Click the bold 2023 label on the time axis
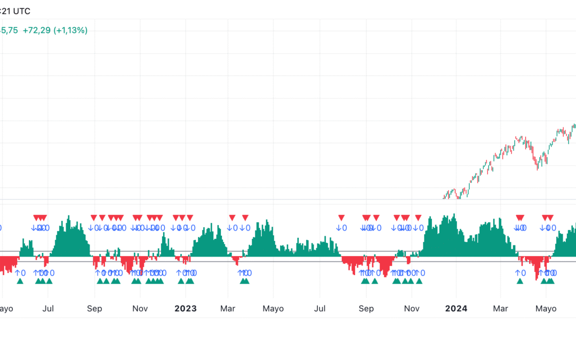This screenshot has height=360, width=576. pos(186,309)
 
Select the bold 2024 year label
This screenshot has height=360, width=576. pos(456,309)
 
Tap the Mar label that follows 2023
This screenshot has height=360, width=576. pos(228,309)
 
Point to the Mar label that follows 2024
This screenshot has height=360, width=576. pos(500,309)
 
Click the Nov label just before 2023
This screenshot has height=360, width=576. pos(140,309)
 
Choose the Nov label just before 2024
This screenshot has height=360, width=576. pos(411,309)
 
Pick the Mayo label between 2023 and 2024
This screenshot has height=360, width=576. pos(274,309)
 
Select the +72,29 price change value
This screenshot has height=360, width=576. pos(37,30)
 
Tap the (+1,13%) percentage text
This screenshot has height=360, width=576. pos(70,30)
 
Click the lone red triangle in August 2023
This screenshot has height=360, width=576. pos(341,218)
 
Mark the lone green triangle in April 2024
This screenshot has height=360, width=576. pos(520,281)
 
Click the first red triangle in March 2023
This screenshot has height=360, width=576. pos(232,218)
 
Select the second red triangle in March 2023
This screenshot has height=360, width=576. pos(245,218)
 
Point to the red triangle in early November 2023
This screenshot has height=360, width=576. pos(418,218)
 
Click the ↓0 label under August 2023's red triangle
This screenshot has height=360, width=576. pos(341,228)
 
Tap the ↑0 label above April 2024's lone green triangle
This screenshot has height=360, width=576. pos(520,273)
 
